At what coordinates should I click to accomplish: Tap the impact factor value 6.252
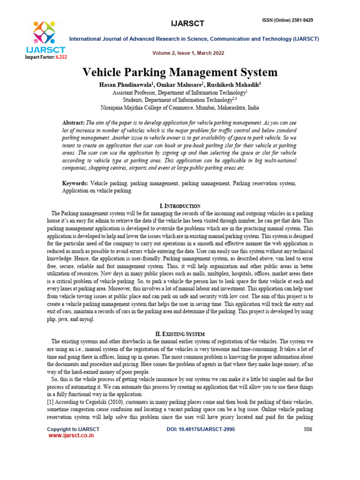pyautogui.click(x=61, y=57)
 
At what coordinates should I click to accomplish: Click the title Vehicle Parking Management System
pyautogui.click(x=180, y=72)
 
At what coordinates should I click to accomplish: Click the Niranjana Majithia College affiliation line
pyautogui.click(x=180, y=107)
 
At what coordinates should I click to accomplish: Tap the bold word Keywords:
pyautogui.click(x=75, y=183)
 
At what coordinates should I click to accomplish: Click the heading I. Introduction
pyautogui.click(x=180, y=206)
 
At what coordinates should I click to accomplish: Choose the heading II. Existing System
pyautogui.click(x=180, y=334)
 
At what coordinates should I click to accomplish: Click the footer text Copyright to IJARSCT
pyautogui.click(x=73, y=429)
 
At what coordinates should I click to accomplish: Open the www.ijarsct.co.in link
pyautogui.click(x=71, y=435)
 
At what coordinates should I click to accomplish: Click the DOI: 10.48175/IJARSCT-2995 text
pyautogui.click(x=201, y=429)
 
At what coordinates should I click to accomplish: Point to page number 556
pyautogui.click(x=308, y=429)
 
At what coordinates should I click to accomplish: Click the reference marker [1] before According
pyautogui.click(x=50, y=403)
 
